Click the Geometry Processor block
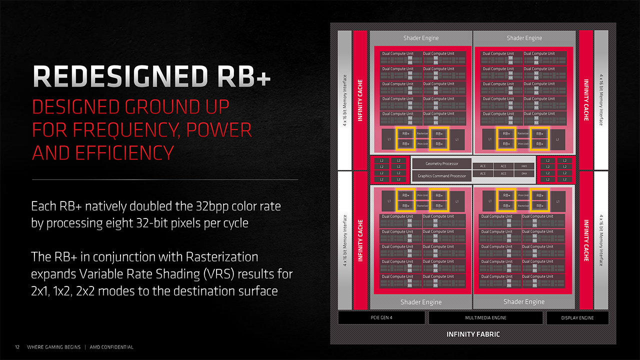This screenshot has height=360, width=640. pos(442,164)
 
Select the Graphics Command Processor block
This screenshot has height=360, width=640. pos(442,176)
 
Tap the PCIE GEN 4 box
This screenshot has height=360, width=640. pos(381,318)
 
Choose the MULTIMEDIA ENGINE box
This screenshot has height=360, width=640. pos(485,318)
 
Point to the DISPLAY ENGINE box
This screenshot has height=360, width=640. pos(577,318)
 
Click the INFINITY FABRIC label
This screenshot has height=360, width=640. pos(473,334)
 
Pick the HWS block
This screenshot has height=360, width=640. pos(523,166)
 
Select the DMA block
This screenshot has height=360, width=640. pos(523,174)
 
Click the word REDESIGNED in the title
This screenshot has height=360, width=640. pos(119,76)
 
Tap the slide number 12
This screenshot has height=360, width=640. pos(17,347)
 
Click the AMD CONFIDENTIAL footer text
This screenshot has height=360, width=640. pos(111,347)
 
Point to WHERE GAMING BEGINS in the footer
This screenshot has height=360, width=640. pos(53,347)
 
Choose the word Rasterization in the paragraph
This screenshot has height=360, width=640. pos(222,257)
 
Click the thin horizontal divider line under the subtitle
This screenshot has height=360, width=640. pos(165,179)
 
